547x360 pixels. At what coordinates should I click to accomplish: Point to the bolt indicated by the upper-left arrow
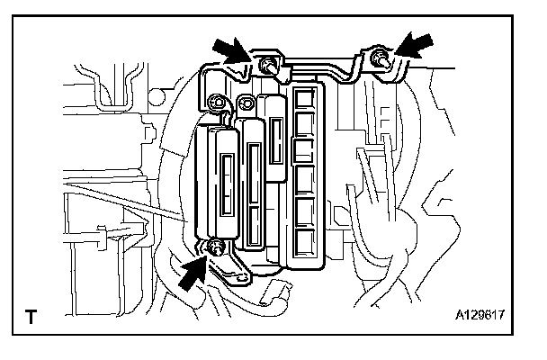click(268, 65)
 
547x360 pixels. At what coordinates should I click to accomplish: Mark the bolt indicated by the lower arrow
click(216, 249)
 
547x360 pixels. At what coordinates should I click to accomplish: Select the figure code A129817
click(480, 318)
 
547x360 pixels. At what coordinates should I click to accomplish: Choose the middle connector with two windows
click(256, 184)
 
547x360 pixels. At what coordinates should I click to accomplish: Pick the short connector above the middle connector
click(278, 135)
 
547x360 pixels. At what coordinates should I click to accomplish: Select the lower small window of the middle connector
click(255, 224)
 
